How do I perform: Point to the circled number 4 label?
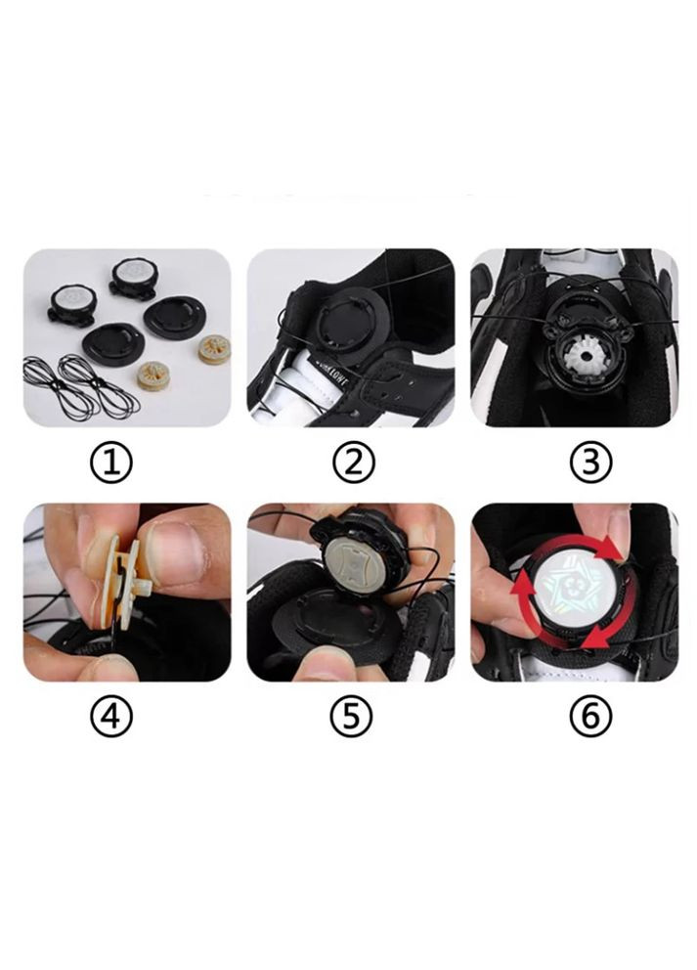coord(111,719)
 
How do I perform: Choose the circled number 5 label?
coord(351,719)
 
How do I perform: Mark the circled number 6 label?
coord(590,719)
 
